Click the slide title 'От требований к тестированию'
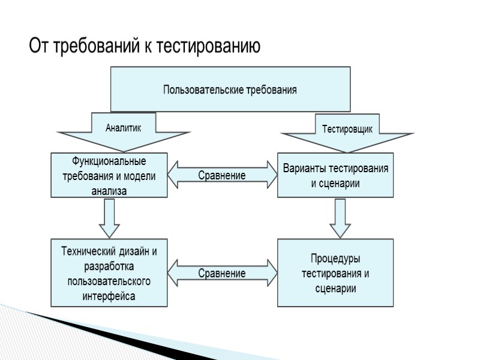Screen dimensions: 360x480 pos(145,47)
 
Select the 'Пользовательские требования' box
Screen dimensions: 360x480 pos(230,89)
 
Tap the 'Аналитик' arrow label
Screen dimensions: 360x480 pos(124,128)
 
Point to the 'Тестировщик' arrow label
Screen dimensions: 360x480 pos(347,129)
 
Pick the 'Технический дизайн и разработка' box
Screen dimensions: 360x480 pos(109,273)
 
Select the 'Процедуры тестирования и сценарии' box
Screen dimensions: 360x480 pos(335,273)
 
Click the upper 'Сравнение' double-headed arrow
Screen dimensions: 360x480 pos(222,176)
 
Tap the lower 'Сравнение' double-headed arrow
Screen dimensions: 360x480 pos(222,274)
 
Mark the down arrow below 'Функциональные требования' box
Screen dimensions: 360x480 pos(109,217)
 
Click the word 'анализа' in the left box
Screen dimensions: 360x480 pos(109,191)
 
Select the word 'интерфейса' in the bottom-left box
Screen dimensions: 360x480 pos(109,296)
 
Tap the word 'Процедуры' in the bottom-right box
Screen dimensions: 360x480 pos(335,259)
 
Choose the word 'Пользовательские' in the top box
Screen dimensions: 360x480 pos(203,90)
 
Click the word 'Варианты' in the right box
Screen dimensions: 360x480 pos(303,169)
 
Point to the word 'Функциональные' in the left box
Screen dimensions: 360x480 pos(109,161)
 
